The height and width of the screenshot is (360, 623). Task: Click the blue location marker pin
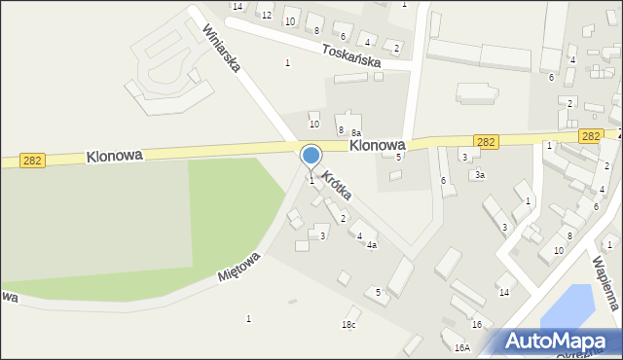coord(311,157)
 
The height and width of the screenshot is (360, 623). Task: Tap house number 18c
coord(348,324)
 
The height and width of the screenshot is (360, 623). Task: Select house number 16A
coord(461,347)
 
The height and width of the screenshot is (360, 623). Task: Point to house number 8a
coord(356,132)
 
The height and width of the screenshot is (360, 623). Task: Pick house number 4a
coord(371,245)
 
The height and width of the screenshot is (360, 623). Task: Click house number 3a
coord(479,175)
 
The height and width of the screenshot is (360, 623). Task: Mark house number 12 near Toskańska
coord(266,15)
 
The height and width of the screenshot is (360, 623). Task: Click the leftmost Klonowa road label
coord(114,155)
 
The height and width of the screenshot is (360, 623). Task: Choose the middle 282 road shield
coord(487,142)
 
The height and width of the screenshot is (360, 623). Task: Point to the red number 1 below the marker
coord(311,179)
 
